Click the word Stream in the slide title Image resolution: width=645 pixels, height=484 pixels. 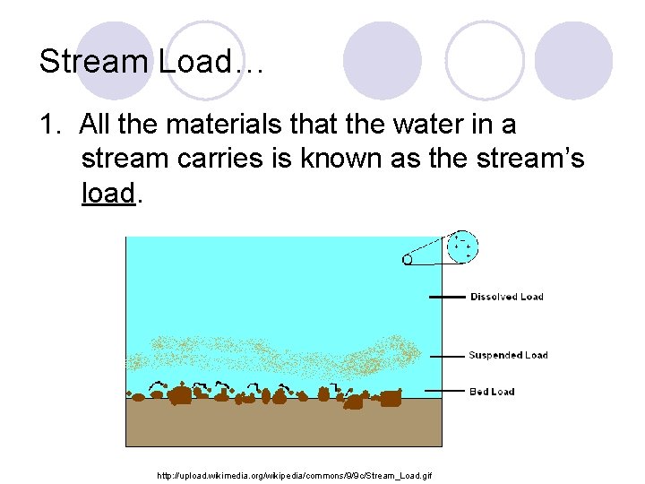click(95, 61)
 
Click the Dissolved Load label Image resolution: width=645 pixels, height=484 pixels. click(506, 297)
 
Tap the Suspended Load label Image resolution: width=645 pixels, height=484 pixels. click(508, 355)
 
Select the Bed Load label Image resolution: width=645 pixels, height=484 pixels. click(493, 392)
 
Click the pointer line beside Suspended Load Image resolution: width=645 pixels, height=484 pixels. click(446, 355)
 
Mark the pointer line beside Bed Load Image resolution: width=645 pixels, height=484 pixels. click(446, 392)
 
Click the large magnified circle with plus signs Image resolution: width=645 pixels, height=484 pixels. click(462, 246)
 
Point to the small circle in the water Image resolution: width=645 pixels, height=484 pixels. click(408, 260)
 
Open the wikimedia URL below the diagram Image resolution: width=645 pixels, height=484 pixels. click(294, 474)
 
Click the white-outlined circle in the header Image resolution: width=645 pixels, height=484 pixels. click(485, 59)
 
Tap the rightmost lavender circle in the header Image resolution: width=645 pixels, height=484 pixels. click(573, 59)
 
